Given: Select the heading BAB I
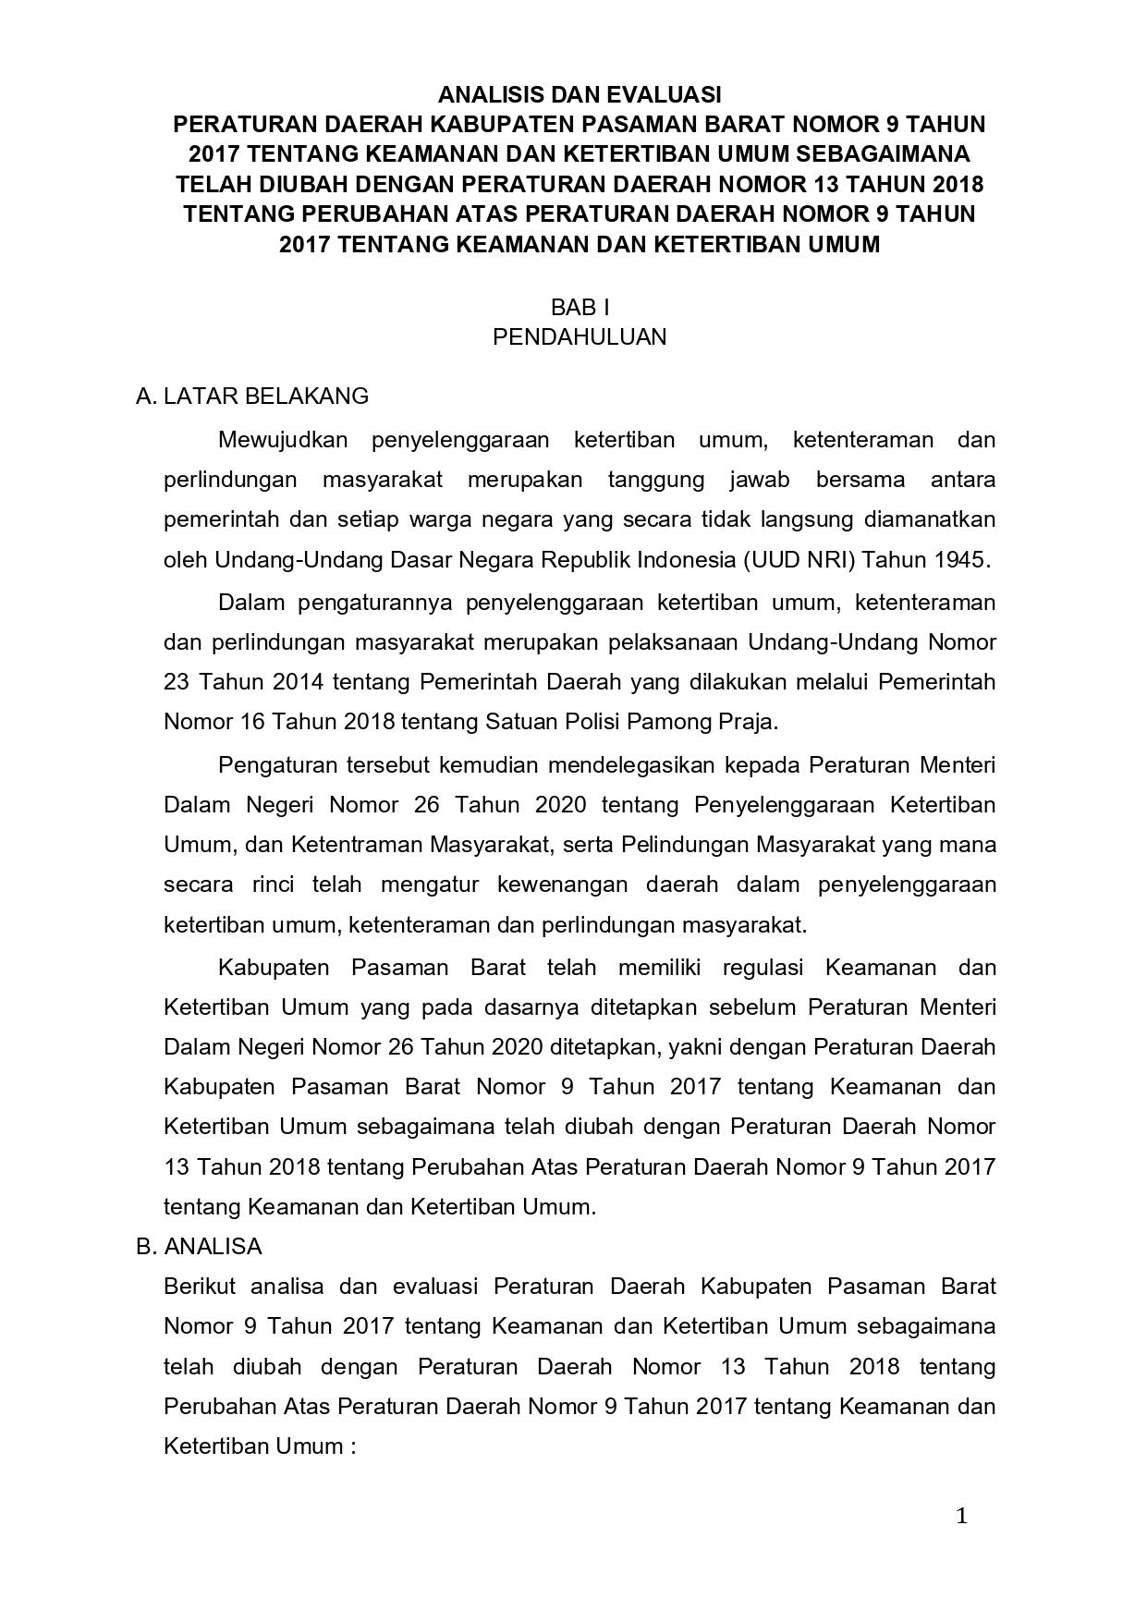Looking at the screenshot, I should click(580, 307).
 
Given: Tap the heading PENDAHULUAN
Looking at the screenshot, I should click(580, 336).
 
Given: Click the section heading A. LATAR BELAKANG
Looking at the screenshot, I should click(252, 397).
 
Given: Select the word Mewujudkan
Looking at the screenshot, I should click(283, 440).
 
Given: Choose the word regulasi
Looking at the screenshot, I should click(764, 968).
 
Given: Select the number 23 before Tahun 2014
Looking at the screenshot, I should click(176, 682).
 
